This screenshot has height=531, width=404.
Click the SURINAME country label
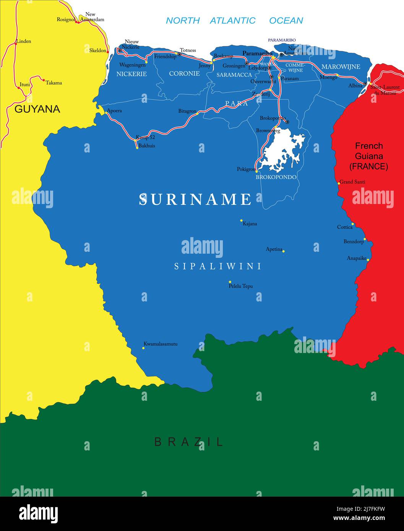195,199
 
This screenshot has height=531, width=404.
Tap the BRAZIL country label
188,442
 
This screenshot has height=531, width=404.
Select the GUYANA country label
37,109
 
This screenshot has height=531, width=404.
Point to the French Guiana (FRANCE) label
368,156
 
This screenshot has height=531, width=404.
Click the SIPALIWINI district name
218,266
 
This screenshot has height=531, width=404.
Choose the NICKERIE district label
131,74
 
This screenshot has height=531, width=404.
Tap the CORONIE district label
184,73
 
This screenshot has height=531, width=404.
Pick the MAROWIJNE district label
341,67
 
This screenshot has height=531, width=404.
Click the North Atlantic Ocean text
234,21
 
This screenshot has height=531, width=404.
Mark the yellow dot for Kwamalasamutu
143,348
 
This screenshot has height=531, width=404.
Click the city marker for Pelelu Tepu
230,282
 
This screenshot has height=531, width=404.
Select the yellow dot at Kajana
241,220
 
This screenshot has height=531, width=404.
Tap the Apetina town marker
283,251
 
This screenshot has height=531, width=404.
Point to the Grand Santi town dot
339,183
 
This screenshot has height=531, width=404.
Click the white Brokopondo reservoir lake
281,151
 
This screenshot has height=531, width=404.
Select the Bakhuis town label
147,146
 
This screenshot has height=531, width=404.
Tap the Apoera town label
114,111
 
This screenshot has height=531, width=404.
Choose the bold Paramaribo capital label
257,53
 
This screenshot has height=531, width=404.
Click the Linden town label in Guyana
24,41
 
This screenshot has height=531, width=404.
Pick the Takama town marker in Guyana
44,81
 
